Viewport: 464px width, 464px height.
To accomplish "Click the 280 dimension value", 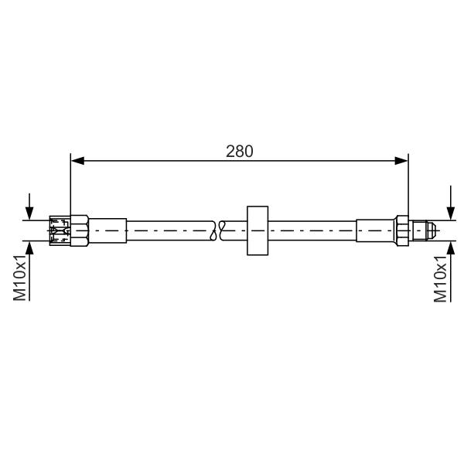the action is pyautogui.click(x=240, y=152).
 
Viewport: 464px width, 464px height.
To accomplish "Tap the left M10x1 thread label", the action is pyautogui.click(x=20, y=278).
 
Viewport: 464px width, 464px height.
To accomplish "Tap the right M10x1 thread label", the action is pyautogui.click(x=441, y=278).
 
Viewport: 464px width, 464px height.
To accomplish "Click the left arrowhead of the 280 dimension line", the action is pyautogui.click(x=78, y=161).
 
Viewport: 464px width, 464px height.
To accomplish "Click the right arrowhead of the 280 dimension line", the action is pyautogui.click(x=401, y=161).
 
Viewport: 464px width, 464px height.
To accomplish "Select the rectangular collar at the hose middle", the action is pyautogui.click(x=258, y=230).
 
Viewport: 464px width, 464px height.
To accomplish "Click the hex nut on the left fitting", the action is pyautogui.click(x=80, y=230).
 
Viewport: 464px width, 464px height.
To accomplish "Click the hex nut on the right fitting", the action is pyautogui.click(x=402, y=231).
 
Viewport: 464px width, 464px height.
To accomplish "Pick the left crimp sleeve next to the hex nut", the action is pyautogui.click(x=107, y=230).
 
